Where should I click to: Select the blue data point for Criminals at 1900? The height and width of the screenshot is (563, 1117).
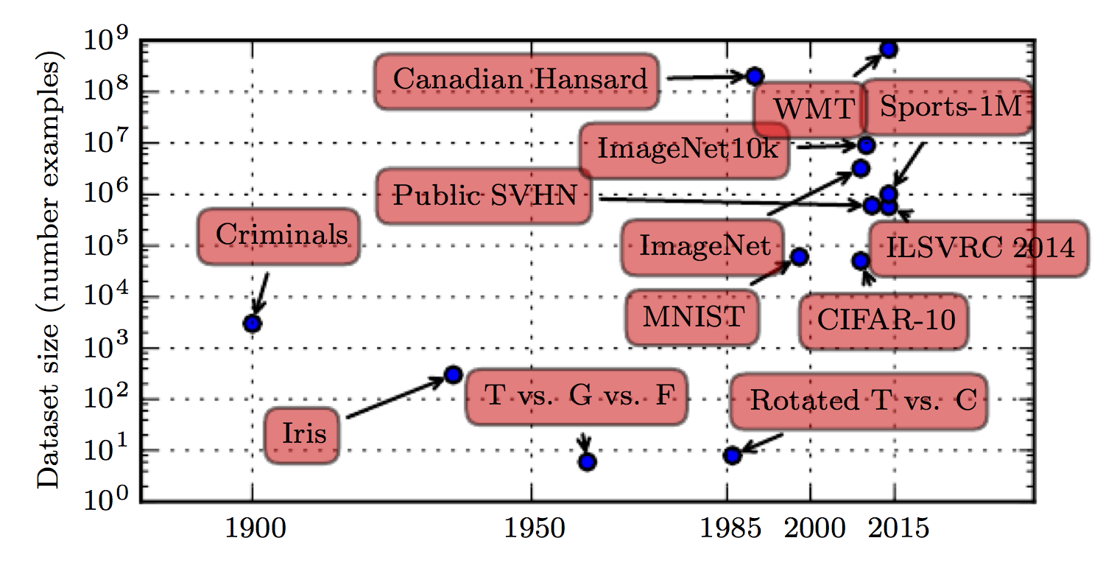[253, 323]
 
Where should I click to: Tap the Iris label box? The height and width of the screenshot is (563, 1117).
[302, 435]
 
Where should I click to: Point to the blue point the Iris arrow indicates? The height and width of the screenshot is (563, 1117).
[453, 374]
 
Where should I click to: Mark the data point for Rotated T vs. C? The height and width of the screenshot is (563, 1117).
[732, 455]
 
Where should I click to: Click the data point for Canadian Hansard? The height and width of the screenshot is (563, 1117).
[755, 76]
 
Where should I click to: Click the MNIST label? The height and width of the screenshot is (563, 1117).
[692, 318]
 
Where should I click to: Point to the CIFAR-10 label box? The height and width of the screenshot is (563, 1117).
[884, 321]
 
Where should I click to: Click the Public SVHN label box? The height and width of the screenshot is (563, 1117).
[484, 196]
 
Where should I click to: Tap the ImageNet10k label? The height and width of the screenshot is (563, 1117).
[685, 150]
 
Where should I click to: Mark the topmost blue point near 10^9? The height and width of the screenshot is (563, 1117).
[888, 49]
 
